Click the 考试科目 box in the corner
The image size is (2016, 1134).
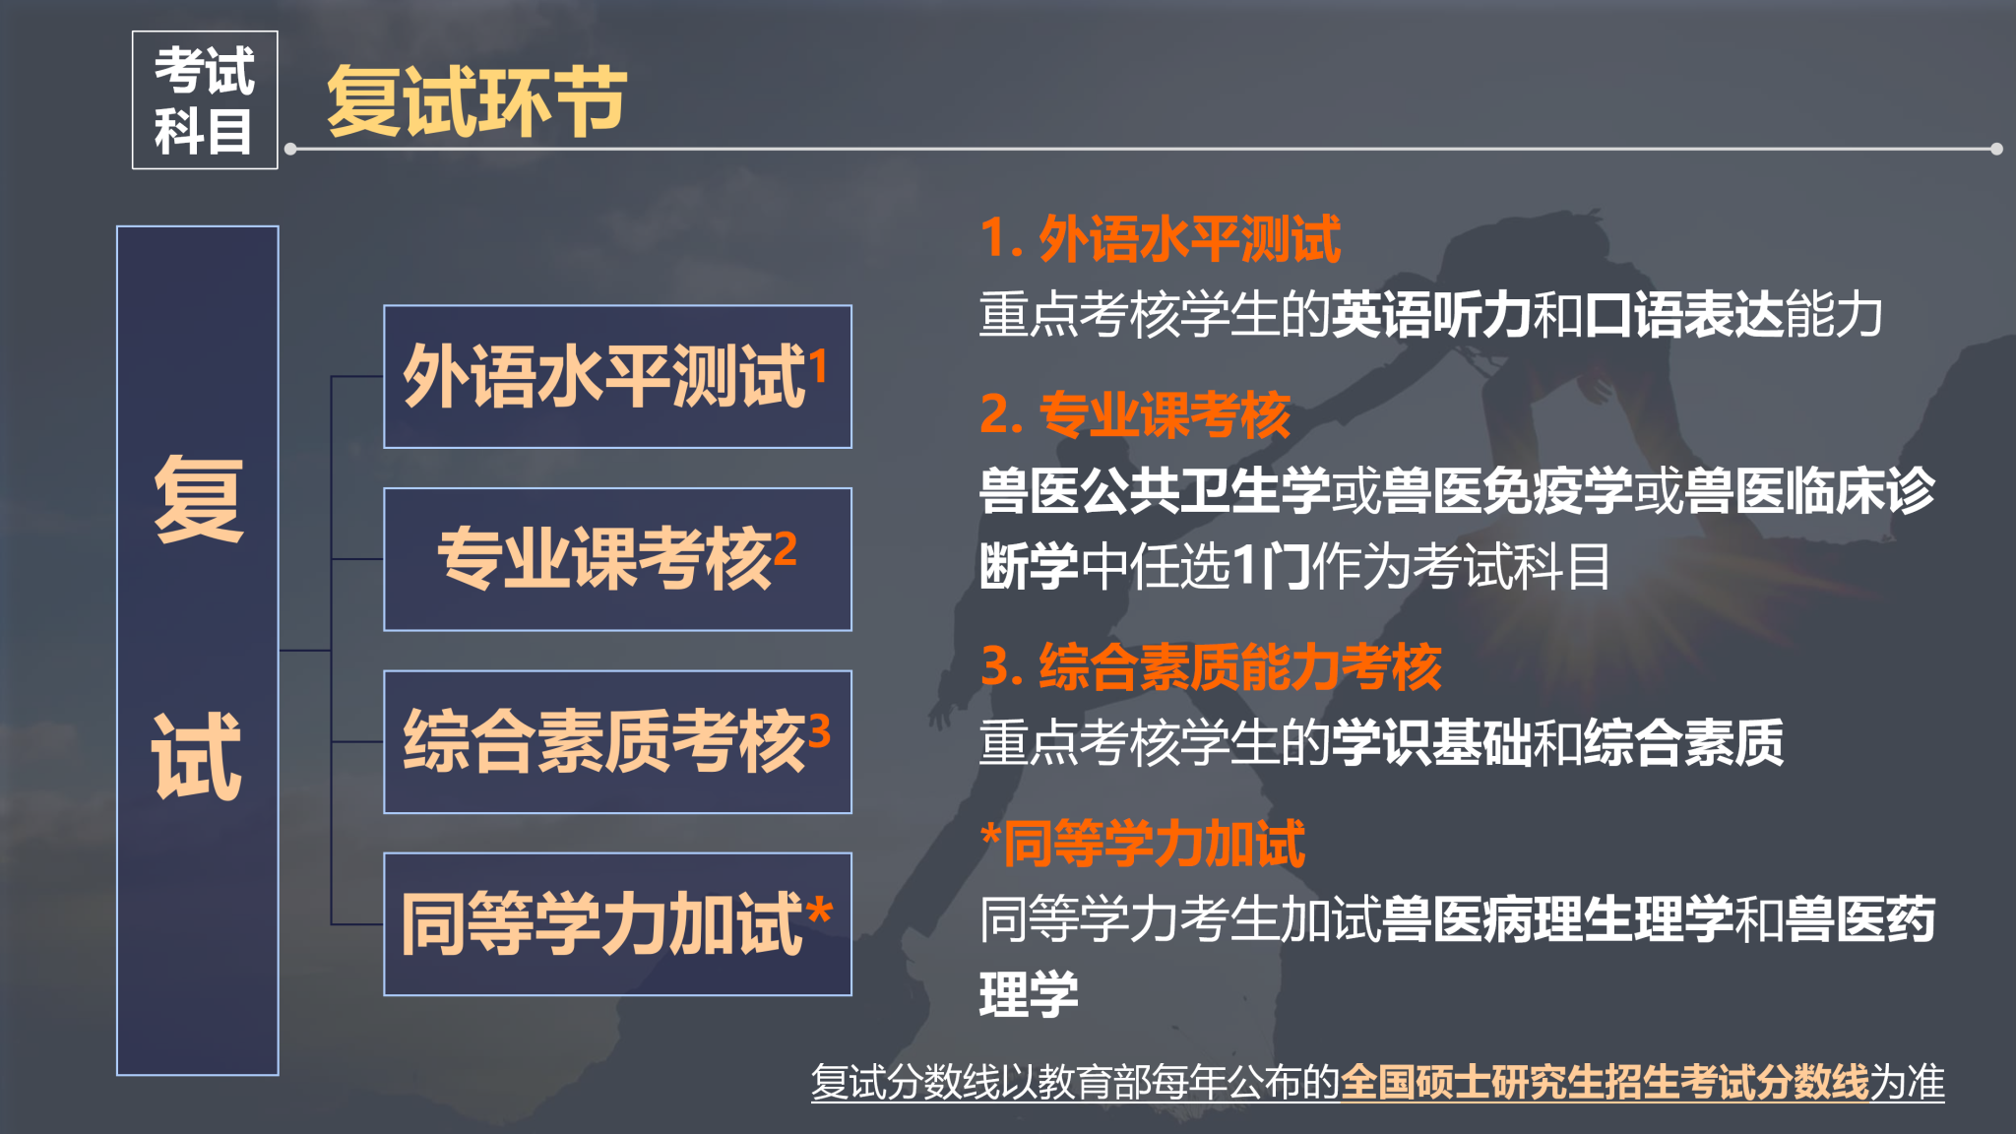click(x=205, y=99)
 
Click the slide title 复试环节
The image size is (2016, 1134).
click(x=476, y=100)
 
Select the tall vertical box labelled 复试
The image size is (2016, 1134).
click(x=198, y=650)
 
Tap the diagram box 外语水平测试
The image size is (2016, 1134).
click(x=617, y=376)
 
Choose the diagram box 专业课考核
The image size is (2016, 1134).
click(x=617, y=559)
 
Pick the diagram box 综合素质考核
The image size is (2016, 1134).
click(x=617, y=741)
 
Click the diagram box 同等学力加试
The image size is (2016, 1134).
click(x=617, y=923)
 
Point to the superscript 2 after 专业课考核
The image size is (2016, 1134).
click(x=785, y=547)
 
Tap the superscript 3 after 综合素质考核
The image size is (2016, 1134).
click(x=819, y=730)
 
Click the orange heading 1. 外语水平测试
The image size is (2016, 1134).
click(x=1160, y=239)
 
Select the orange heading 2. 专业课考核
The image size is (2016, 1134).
click(x=1135, y=414)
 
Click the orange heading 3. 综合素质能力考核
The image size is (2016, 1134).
click(x=1211, y=666)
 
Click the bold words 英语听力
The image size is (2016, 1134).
click(x=1431, y=315)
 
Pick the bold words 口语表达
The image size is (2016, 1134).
click(x=1683, y=315)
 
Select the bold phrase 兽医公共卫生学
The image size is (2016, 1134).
click(x=1155, y=490)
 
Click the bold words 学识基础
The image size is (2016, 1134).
click(x=1431, y=742)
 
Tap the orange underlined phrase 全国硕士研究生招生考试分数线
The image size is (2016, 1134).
click(x=1605, y=1082)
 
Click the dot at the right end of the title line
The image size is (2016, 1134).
click(x=1996, y=149)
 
